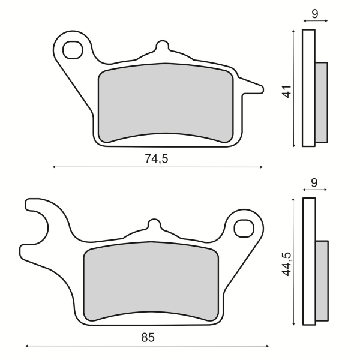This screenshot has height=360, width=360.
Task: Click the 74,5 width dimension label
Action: pyautogui.click(x=157, y=158)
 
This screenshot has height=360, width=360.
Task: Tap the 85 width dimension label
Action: pyautogui.click(x=148, y=337)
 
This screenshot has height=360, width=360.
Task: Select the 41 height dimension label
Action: pyautogui.click(x=287, y=92)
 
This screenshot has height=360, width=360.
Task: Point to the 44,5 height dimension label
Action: pyautogui.click(x=287, y=264)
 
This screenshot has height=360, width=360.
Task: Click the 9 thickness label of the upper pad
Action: pyautogui.click(x=315, y=14)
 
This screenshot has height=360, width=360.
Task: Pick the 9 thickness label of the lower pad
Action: pyautogui.click(x=314, y=182)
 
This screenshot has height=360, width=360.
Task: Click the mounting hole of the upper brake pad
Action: pyautogui.click(x=73, y=50)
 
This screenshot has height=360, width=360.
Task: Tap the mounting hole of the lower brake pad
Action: pyautogui.click(x=244, y=229)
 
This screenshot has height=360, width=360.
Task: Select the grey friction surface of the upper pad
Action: pyautogui.click(x=166, y=103)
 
